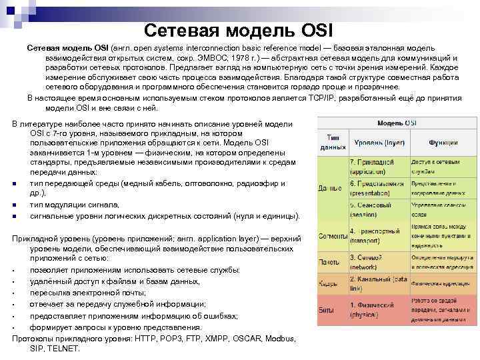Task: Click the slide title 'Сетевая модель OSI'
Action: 237,30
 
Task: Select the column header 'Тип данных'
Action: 331,141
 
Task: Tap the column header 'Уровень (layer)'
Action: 378,141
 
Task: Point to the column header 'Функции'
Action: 443,141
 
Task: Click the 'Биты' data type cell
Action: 328,310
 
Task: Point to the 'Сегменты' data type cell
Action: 331,237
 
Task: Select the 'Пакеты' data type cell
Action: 329,262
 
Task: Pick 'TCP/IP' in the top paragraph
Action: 322,97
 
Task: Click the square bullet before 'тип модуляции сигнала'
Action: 14,205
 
